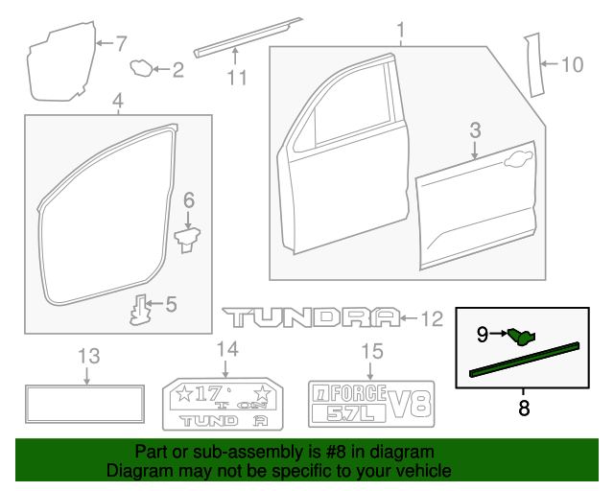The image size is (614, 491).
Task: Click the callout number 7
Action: pyautogui.click(x=121, y=42)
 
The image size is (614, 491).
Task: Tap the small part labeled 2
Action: pyautogui.click(x=143, y=67)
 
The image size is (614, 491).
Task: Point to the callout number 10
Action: pyautogui.click(x=572, y=65)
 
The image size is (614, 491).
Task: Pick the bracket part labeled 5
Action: pyautogui.click(x=142, y=309)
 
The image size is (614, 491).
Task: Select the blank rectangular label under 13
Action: pyautogui.click(x=85, y=403)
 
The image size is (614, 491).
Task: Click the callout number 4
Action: pyautogui.click(x=117, y=101)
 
